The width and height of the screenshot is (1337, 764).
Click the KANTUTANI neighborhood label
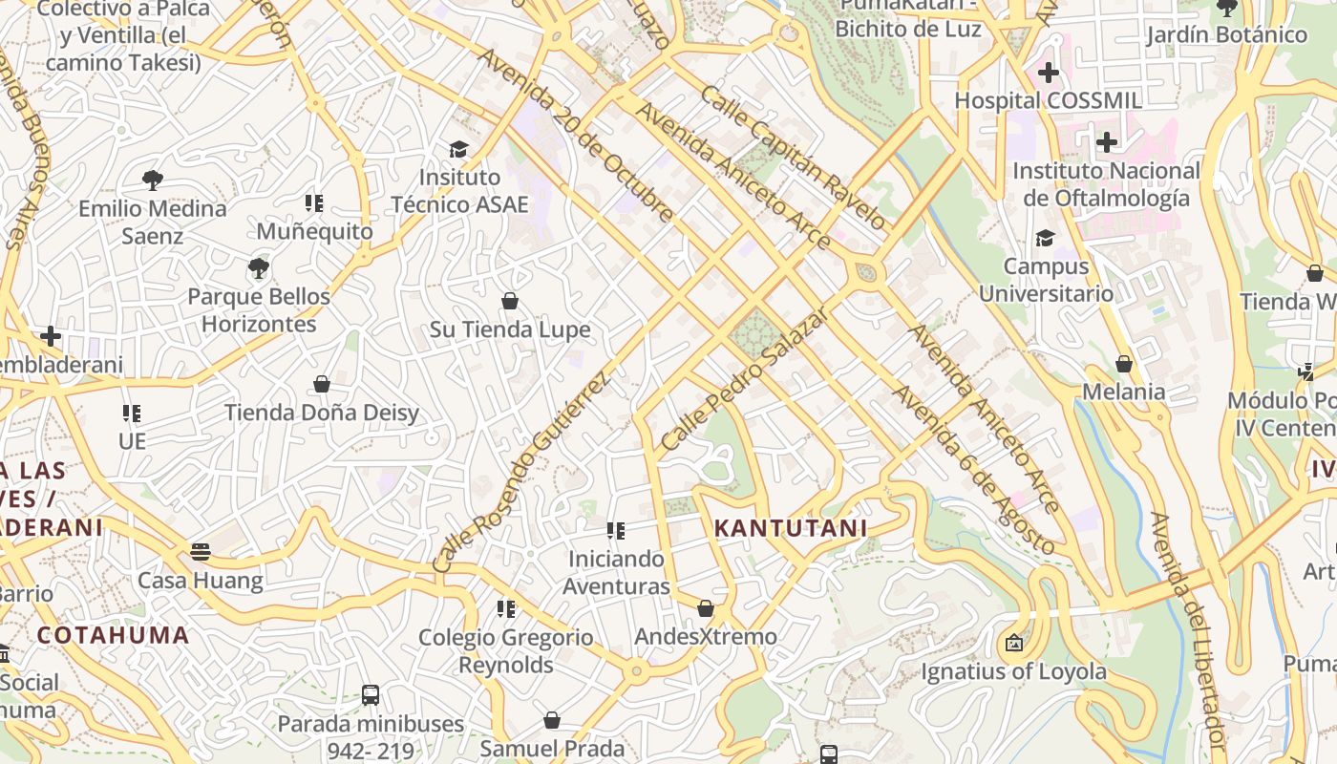pyautogui.click(x=791, y=528)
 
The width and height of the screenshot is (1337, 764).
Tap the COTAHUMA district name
pyautogui.click(x=113, y=635)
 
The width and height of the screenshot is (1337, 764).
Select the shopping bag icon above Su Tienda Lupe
pyautogui.click(x=510, y=301)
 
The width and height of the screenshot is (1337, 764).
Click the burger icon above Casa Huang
pyautogui.click(x=200, y=551)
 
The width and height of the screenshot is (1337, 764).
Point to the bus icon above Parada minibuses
pyautogui.click(x=371, y=695)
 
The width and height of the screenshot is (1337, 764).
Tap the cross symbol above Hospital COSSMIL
pyautogui.click(x=1049, y=72)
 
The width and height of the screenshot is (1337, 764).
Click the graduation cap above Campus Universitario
pyautogui.click(x=1046, y=238)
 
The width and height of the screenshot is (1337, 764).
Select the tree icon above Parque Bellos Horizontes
pyautogui.click(x=258, y=267)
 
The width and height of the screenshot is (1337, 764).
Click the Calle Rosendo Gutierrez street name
pyautogui.click(x=520, y=473)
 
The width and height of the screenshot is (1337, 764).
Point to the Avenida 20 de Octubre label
pyautogui.click(x=576, y=136)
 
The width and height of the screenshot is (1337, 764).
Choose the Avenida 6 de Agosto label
pyautogui.click(x=973, y=470)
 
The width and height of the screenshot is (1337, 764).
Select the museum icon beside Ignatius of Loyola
pyautogui.click(x=1014, y=644)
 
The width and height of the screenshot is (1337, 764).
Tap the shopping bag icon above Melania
pyautogui.click(x=1124, y=364)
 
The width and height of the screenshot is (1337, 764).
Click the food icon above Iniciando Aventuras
pyautogui.click(x=616, y=530)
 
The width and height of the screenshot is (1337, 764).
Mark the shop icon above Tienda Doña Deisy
pyautogui.click(x=322, y=384)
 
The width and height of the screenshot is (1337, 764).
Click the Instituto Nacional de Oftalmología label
pyautogui.click(x=1106, y=184)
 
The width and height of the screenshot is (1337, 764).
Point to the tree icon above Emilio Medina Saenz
pyautogui.click(x=152, y=180)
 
